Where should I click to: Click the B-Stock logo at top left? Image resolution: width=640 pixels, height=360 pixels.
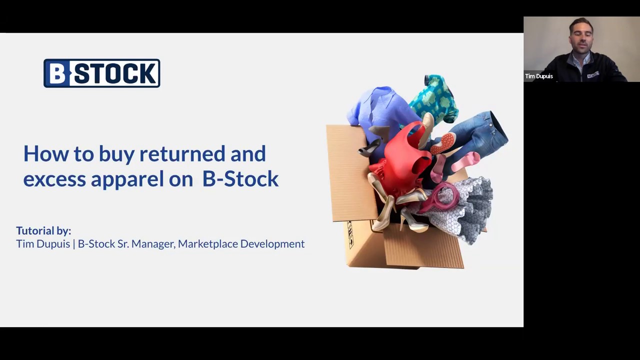[x=102, y=73]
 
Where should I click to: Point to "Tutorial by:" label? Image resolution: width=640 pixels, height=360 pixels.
[x=43, y=230]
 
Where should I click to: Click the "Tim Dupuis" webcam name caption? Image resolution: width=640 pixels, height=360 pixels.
[x=539, y=76]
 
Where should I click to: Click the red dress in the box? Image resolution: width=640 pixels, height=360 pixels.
[x=402, y=160]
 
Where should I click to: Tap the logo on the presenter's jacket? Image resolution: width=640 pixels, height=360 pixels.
[x=593, y=74]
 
